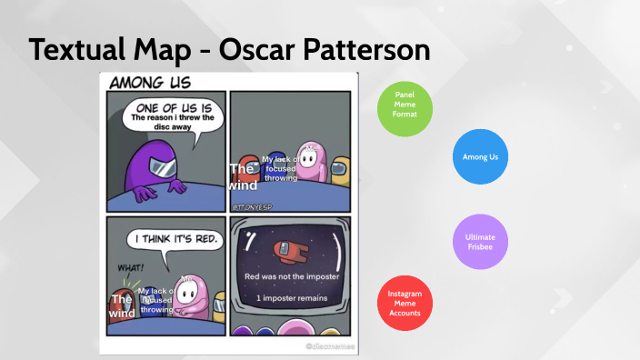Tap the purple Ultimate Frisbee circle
(x=479, y=242)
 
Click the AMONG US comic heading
(x=149, y=83)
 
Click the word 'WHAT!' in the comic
(x=130, y=267)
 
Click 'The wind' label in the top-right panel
(x=242, y=177)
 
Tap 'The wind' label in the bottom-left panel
(x=122, y=306)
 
